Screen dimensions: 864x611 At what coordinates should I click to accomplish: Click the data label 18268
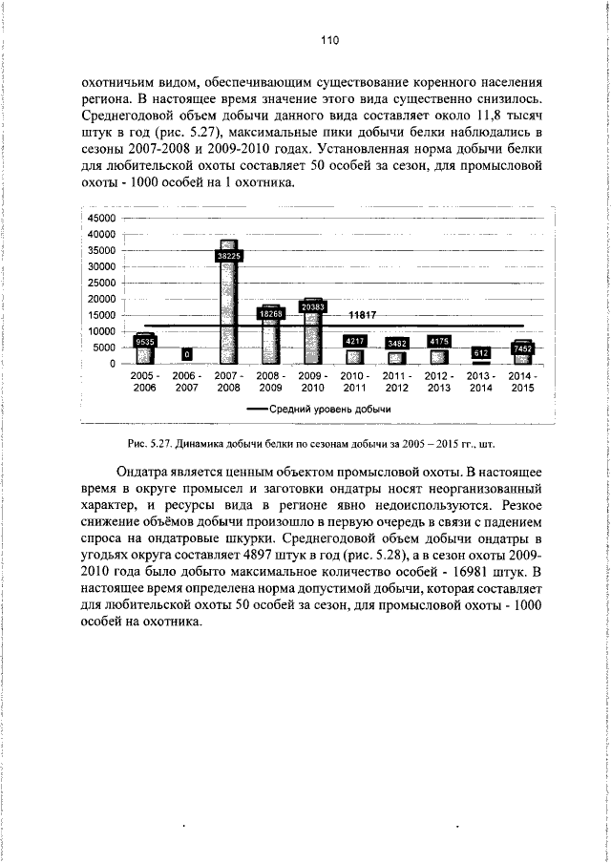(x=271, y=313)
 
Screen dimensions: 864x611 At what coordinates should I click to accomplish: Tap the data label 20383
(x=312, y=306)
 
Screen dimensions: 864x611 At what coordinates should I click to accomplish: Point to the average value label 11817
(x=363, y=315)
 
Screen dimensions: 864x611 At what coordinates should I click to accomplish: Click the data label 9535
(x=145, y=341)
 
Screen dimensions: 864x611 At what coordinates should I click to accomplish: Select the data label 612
(x=481, y=353)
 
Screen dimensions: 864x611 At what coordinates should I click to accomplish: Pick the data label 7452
(x=522, y=349)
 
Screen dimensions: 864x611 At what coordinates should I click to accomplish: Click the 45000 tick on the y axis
(x=101, y=218)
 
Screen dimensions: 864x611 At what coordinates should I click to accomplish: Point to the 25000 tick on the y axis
(x=101, y=283)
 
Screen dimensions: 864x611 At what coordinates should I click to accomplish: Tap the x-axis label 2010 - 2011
(x=354, y=382)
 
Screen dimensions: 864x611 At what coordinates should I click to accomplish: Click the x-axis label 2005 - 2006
(x=145, y=382)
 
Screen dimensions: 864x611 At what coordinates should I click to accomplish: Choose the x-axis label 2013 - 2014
(x=480, y=382)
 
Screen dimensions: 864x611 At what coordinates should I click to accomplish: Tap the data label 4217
(x=354, y=341)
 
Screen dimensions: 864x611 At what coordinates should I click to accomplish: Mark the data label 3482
(x=396, y=343)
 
